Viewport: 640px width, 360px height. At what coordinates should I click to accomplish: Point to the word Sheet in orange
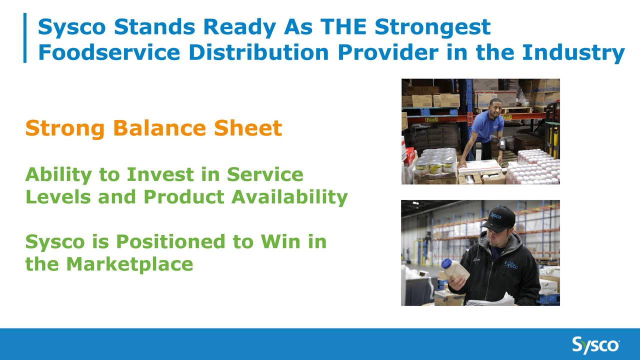(x=248, y=128)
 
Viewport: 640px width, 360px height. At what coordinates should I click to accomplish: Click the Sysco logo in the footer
(x=595, y=345)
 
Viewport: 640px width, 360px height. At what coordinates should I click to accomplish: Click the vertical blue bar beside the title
(x=24, y=38)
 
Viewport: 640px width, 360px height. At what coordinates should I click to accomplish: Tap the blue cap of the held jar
(x=446, y=263)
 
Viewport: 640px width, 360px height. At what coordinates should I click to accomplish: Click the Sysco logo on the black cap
(x=495, y=216)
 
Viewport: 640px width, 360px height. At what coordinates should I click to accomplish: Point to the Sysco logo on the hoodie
(x=511, y=264)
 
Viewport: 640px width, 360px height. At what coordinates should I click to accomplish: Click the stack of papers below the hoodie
(x=490, y=300)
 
